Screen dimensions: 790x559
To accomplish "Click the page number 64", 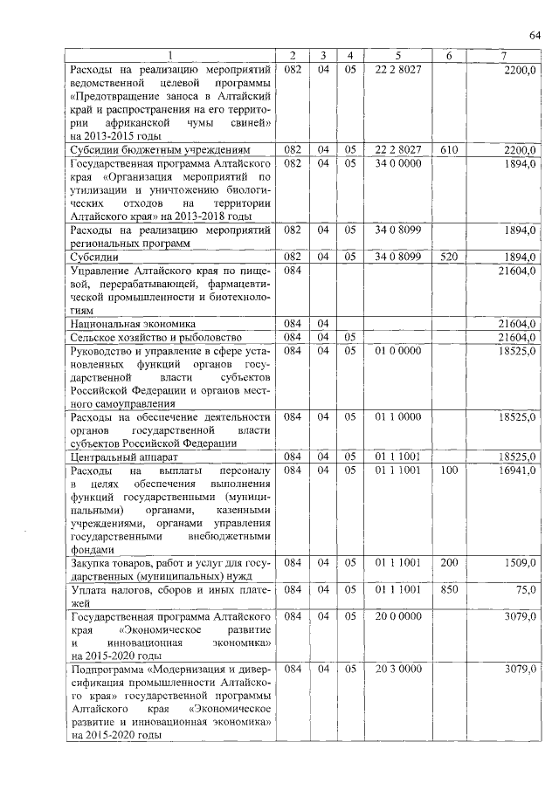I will (x=535, y=34).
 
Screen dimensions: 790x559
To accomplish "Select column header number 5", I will (x=397, y=57).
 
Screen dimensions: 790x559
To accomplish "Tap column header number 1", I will (x=170, y=57).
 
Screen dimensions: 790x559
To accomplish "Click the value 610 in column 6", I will (x=449, y=150).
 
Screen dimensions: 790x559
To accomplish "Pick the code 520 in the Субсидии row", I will (x=449, y=258).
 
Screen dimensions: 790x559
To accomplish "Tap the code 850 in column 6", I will (x=449, y=591).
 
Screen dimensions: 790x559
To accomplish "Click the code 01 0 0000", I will (x=398, y=350).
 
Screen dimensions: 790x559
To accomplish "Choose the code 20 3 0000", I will (x=398, y=669).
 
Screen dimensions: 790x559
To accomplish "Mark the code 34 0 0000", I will (x=398, y=163).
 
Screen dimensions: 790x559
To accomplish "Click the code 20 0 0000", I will (x=398, y=617).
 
